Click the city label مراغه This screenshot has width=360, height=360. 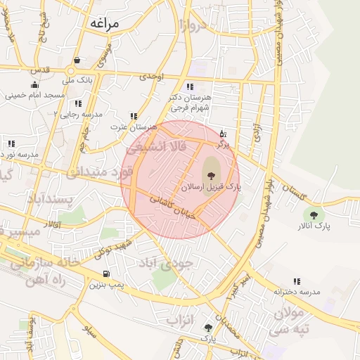[x=106, y=23]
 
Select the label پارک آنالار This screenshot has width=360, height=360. [x=314, y=226]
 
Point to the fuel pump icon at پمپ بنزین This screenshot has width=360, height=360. [x=106, y=274]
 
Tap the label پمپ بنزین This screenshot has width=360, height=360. [x=106, y=285]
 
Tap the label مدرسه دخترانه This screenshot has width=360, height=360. [x=297, y=291]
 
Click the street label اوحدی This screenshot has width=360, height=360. [x=152, y=75]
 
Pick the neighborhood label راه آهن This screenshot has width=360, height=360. [x=46, y=279]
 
